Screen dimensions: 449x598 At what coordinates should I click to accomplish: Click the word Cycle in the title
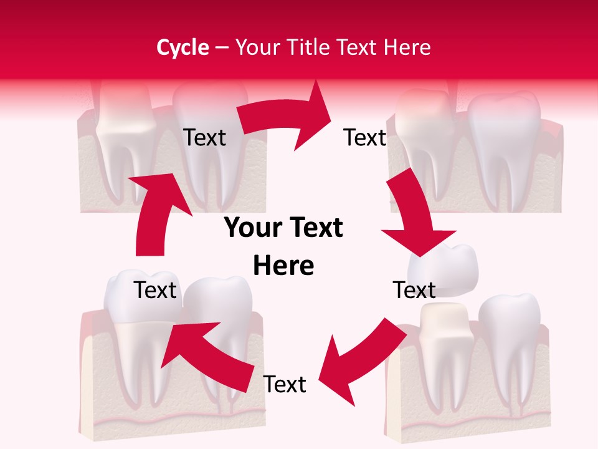[x=183, y=47]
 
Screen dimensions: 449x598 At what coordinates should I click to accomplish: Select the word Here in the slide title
[x=408, y=47]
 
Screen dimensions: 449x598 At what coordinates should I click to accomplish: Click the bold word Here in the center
[x=283, y=266]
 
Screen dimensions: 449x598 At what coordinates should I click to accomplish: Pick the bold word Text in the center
[x=313, y=228]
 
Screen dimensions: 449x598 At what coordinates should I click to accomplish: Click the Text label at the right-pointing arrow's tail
[x=204, y=137]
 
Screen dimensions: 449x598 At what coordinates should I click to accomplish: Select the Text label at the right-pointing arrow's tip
[x=364, y=137]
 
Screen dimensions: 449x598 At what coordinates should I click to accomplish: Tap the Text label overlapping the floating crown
[x=414, y=290]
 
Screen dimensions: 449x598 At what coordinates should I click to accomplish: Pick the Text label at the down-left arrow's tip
[x=285, y=384]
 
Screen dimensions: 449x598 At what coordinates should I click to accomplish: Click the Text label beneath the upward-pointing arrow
[x=156, y=290]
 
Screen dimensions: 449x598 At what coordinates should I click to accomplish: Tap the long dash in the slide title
[x=222, y=47]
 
